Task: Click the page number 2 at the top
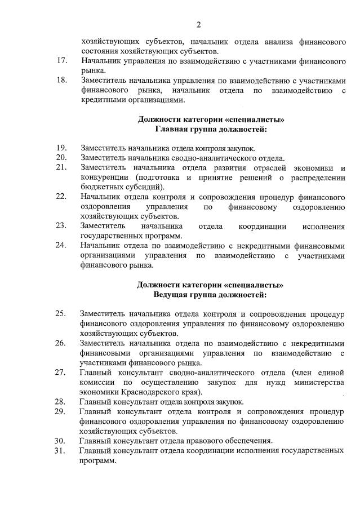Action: click(198, 24)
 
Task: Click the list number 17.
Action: click(62, 60)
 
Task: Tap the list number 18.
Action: click(62, 80)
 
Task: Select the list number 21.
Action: click(62, 168)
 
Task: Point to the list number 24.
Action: click(62, 246)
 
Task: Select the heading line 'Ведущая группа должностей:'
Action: click(210, 294)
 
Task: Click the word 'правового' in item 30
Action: click(197, 441)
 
